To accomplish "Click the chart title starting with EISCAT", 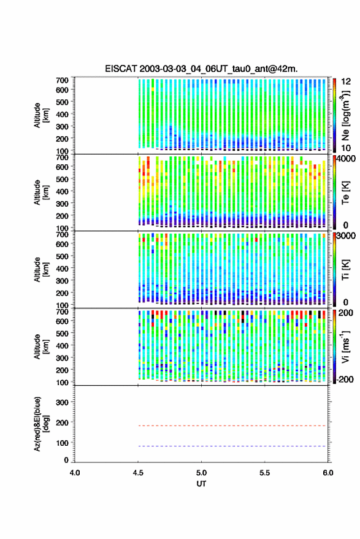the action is click(x=201, y=69).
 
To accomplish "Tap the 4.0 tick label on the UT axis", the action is click(x=75, y=473).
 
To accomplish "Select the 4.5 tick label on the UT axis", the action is click(x=138, y=473).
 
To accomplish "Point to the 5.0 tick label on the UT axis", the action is click(x=202, y=473).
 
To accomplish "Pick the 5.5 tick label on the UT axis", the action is click(x=265, y=473).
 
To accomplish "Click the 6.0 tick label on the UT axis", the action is click(x=328, y=473).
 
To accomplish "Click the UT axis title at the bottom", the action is click(x=201, y=484).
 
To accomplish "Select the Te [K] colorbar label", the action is click(x=345, y=193).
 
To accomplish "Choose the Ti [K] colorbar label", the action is click(x=345, y=270).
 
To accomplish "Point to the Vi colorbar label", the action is click(x=345, y=346).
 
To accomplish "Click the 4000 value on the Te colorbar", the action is click(x=347, y=158).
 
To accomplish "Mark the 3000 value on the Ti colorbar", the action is click(x=347, y=235).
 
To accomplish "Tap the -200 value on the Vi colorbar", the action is click(x=344, y=380).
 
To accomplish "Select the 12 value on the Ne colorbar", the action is click(x=347, y=81).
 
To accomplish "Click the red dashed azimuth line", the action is click(x=232, y=426).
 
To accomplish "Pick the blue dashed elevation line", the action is click(x=232, y=446).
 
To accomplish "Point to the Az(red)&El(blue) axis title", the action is click(x=42, y=424).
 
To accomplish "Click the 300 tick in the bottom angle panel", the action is click(x=62, y=402).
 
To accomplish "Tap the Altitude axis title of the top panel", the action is click(x=41, y=115).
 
